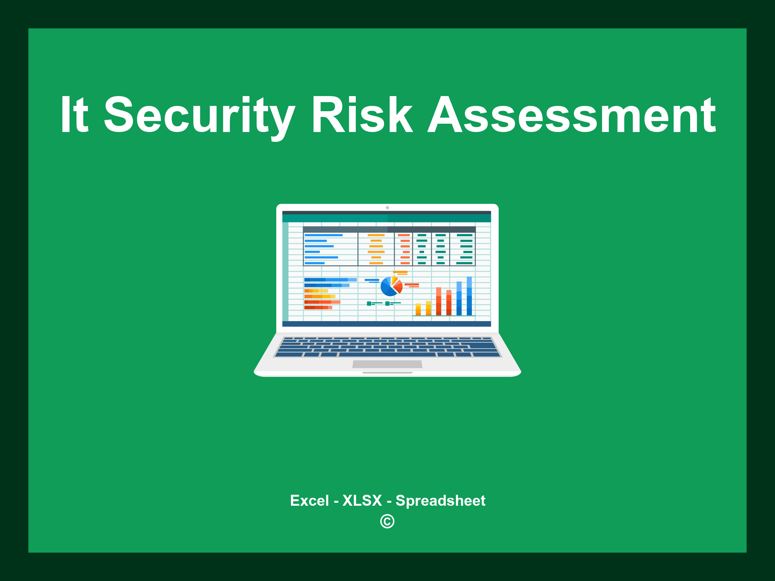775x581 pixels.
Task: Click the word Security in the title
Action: (x=199, y=115)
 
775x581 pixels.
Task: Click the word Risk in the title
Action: (x=362, y=115)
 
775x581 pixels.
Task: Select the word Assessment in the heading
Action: (x=571, y=115)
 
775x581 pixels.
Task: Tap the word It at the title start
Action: (x=75, y=115)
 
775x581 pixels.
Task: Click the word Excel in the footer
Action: (x=309, y=500)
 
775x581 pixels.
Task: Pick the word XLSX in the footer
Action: (x=362, y=500)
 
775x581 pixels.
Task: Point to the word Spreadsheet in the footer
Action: (x=440, y=500)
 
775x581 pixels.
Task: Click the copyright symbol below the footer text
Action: (x=387, y=522)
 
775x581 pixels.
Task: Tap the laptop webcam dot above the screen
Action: (x=387, y=208)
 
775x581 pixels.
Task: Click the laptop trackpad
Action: (x=387, y=364)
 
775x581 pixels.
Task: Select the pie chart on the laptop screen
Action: (x=391, y=287)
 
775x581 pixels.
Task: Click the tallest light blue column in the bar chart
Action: (x=469, y=296)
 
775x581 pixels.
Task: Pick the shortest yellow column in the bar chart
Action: (x=418, y=309)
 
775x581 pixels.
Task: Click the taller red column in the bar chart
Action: (x=439, y=301)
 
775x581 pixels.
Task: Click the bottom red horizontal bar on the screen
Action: (x=318, y=308)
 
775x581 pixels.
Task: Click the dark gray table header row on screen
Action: (x=389, y=229)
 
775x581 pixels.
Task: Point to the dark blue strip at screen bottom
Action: (x=386, y=324)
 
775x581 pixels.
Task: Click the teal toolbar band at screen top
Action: (x=386, y=218)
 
